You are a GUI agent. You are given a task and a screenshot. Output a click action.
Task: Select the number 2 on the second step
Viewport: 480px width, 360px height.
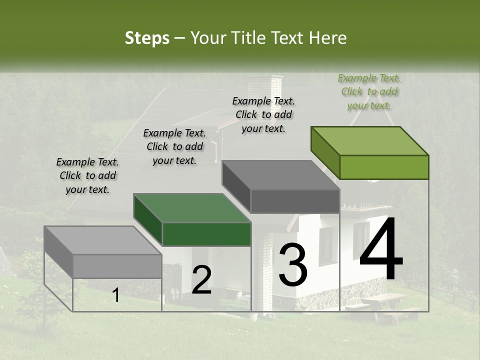[201, 280]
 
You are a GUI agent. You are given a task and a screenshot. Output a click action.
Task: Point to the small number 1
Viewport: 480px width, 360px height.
[116, 295]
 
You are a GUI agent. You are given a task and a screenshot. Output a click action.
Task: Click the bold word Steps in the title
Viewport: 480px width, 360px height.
[147, 38]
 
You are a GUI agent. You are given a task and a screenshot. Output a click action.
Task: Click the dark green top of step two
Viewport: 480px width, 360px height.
[192, 207]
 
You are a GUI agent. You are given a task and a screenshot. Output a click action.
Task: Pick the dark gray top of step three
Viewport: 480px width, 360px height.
[281, 174]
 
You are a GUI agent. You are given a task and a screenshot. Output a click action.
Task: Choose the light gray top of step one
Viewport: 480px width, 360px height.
[103, 240]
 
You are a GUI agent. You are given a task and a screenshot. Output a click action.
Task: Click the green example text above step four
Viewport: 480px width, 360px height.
[369, 91]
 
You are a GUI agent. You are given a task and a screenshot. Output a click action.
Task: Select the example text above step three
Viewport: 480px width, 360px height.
[263, 114]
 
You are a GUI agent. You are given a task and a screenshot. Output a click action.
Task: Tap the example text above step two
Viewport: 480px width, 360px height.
[174, 146]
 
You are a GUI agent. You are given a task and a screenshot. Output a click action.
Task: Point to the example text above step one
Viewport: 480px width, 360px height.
[87, 175]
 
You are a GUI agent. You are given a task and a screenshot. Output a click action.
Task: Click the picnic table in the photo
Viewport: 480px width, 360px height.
[382, 301]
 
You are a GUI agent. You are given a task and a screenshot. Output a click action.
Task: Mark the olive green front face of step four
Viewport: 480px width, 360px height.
[384, 167]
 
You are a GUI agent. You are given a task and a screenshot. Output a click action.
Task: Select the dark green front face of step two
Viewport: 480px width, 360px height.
[206, 234]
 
